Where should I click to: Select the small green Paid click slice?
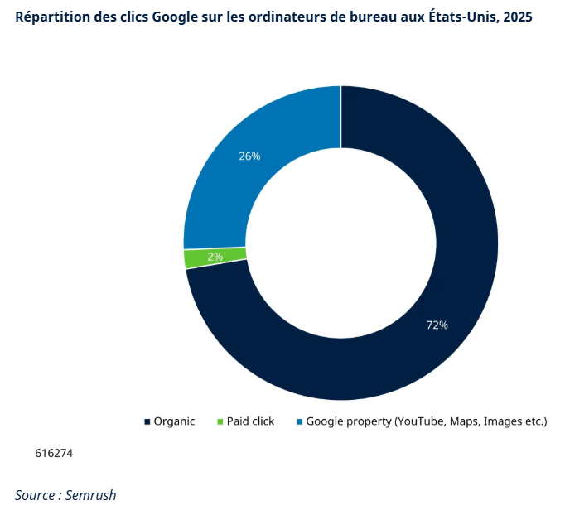[195, 258]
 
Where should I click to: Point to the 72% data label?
[437, 325]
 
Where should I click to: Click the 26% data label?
[249, 156]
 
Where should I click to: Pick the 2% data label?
[215, 257]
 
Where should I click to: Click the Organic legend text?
[174, 421]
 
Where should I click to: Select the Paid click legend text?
[251, 421]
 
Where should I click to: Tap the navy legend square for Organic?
[147, 422]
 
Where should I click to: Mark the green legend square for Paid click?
[220, 422]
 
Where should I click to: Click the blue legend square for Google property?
[299, 422]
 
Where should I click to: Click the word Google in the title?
[175, 17]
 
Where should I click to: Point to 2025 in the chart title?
[517, 17]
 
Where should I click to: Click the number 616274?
[54, 454]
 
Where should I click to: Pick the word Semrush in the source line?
[90, 495]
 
